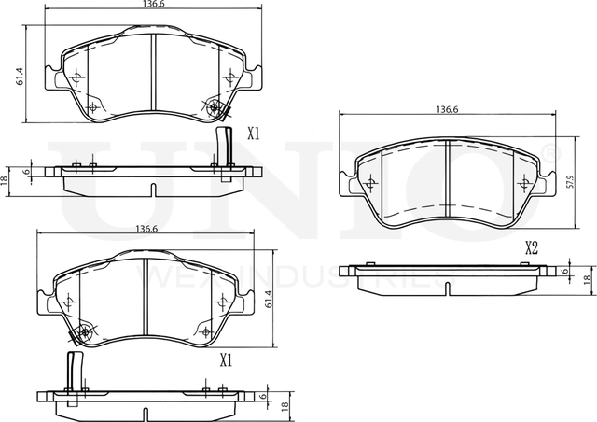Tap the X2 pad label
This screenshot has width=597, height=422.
[x=532, y=248]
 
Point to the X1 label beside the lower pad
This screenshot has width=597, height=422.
[x=225, y=359]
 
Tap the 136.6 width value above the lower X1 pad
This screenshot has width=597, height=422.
[x=146, y=229]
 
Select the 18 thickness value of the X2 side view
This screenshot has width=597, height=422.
[x=587, y=279]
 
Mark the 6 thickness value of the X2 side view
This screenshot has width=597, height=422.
[x=565, y=272]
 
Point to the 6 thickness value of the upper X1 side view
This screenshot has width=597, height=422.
[x=27, y=171]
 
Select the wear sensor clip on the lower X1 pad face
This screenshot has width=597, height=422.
[x=82, y=332]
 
